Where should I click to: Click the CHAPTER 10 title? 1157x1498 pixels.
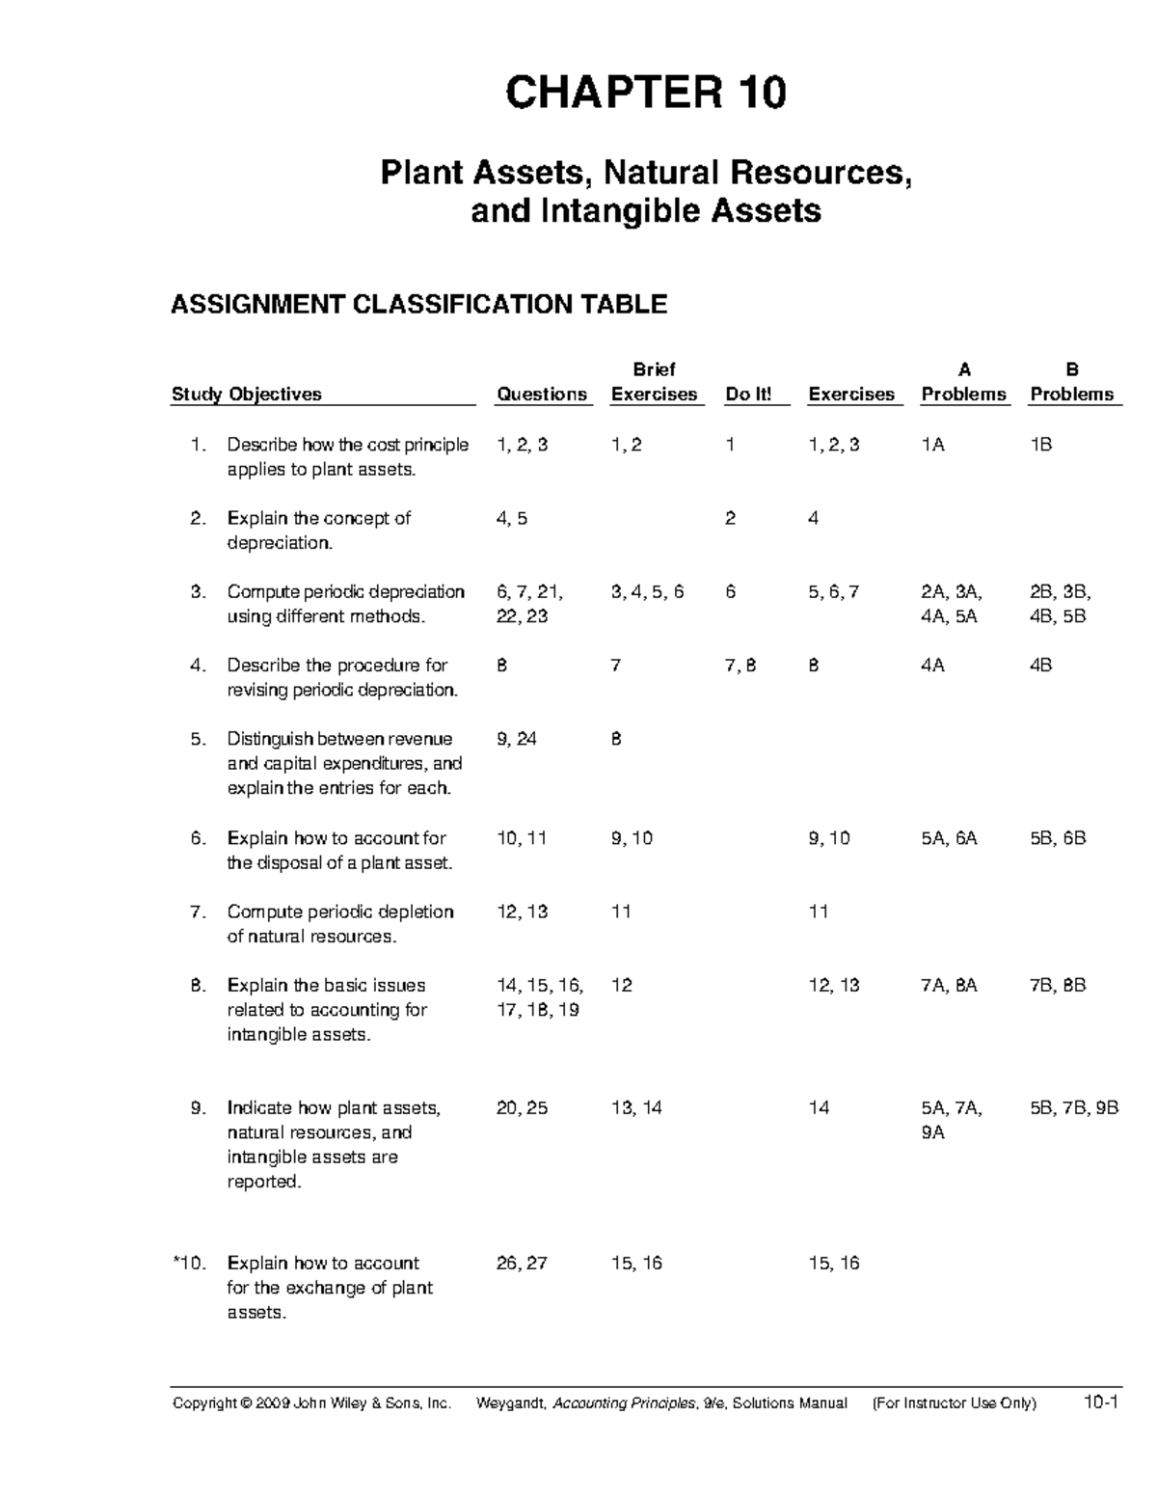click(x=646, y=94)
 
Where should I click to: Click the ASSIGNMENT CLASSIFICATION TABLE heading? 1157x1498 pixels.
click(x=418, y=305)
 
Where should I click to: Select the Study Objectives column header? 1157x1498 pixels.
click(x=247, y=394)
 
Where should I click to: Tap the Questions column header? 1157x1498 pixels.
click(x=541, y=394)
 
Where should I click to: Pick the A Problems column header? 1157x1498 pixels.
click(x=963, y=383)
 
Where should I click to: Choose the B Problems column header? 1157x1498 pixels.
click(x=1071, y=383)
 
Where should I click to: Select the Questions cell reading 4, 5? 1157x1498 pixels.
click(x=512, y=518)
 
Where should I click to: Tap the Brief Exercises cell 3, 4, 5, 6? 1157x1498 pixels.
click(x=647, y=591)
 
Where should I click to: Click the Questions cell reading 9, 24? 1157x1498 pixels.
click(x=517, y=739)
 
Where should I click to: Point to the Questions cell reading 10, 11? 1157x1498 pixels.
click(x=521, y=838)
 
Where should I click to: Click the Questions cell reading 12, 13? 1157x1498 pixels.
click(x=522, y=912)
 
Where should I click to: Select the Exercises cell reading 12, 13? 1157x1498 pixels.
click(x=834, y=985)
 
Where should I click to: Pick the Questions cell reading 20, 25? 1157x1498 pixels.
click(x=522, y=1107)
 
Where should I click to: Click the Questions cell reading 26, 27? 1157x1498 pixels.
click(x=522, y=1263)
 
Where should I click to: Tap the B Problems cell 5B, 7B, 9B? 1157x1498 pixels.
click(x=1073, y=1107)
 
